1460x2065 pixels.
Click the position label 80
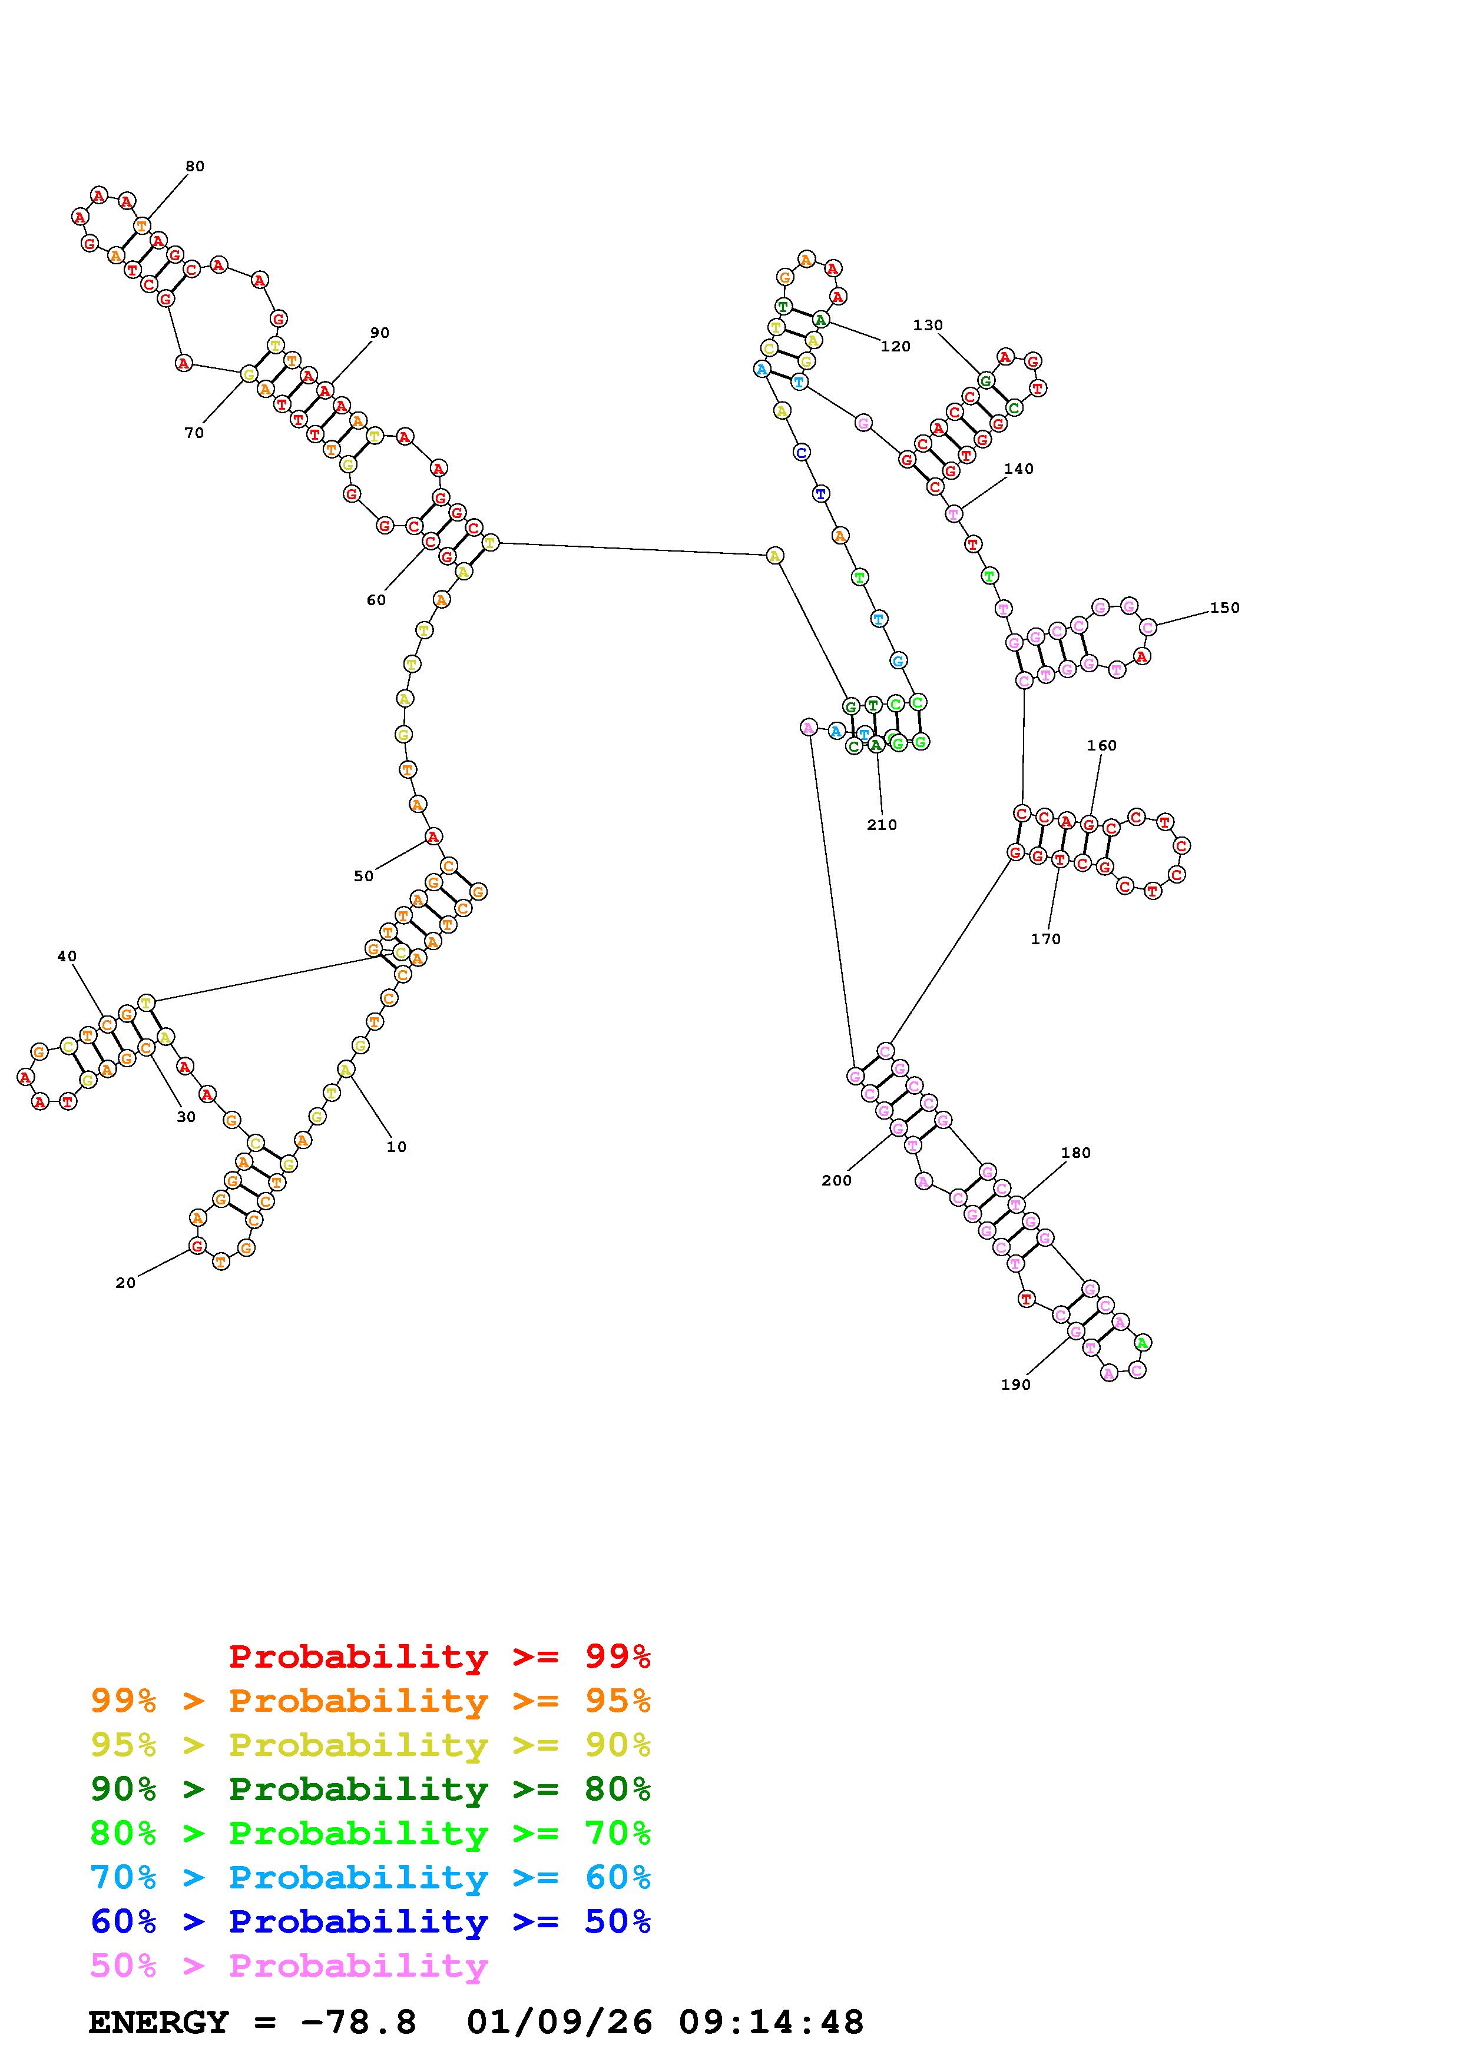coord(195,167)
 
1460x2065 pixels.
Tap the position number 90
coord(380,333)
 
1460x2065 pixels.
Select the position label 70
coord(194,433)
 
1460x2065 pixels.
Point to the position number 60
coord(376,600)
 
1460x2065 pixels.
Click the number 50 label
coord(363,876)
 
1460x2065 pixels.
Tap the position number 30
coord(186,1117)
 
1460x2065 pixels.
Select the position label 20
coord(126,1283)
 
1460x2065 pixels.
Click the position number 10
coord(397,1147)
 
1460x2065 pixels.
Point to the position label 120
coord(896,346)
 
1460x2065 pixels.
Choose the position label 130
coord(928,325)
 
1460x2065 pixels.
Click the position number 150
coord(1224,608)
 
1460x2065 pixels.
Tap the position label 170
coord(1046,939)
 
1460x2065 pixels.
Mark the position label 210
coord(882,825)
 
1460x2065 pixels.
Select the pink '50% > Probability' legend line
coord(290,1966)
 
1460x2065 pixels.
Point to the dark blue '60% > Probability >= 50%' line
coord(370,1922)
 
